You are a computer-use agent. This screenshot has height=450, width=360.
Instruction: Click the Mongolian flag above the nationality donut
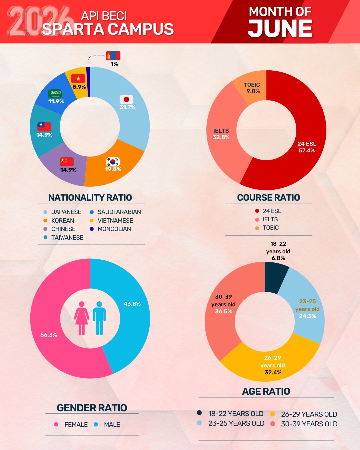click(113, 56)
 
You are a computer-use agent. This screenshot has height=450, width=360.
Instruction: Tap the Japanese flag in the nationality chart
click(126, 99)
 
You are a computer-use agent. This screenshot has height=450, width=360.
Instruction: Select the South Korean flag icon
click(113, 162)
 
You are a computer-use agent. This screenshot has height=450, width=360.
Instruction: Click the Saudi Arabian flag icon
click(55, 94)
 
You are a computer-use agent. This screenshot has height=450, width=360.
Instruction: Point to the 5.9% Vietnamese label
click(79, 87)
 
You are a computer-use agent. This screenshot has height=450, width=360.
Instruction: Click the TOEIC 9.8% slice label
click(252, 88)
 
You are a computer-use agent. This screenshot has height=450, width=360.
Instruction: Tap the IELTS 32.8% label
click(221, 134)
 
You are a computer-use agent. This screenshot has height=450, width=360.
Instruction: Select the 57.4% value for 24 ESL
click(307, 150)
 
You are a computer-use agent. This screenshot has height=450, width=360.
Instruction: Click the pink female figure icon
click(82, 318)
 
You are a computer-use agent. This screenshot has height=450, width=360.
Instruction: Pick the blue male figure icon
click(99, 318)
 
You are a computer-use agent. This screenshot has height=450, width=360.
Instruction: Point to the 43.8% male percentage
click(132, 304)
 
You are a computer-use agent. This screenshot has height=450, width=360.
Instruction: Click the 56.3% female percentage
click(49, 335)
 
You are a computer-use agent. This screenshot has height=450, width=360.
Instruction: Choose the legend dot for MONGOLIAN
click(92, 229)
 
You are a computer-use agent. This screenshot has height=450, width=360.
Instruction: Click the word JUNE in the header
click(280, 28)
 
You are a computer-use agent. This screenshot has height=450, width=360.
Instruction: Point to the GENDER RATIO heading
click(92, 408)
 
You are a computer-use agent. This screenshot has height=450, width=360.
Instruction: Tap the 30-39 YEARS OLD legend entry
click(304, 424)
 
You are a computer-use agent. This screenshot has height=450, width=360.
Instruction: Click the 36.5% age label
click(223, 311)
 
